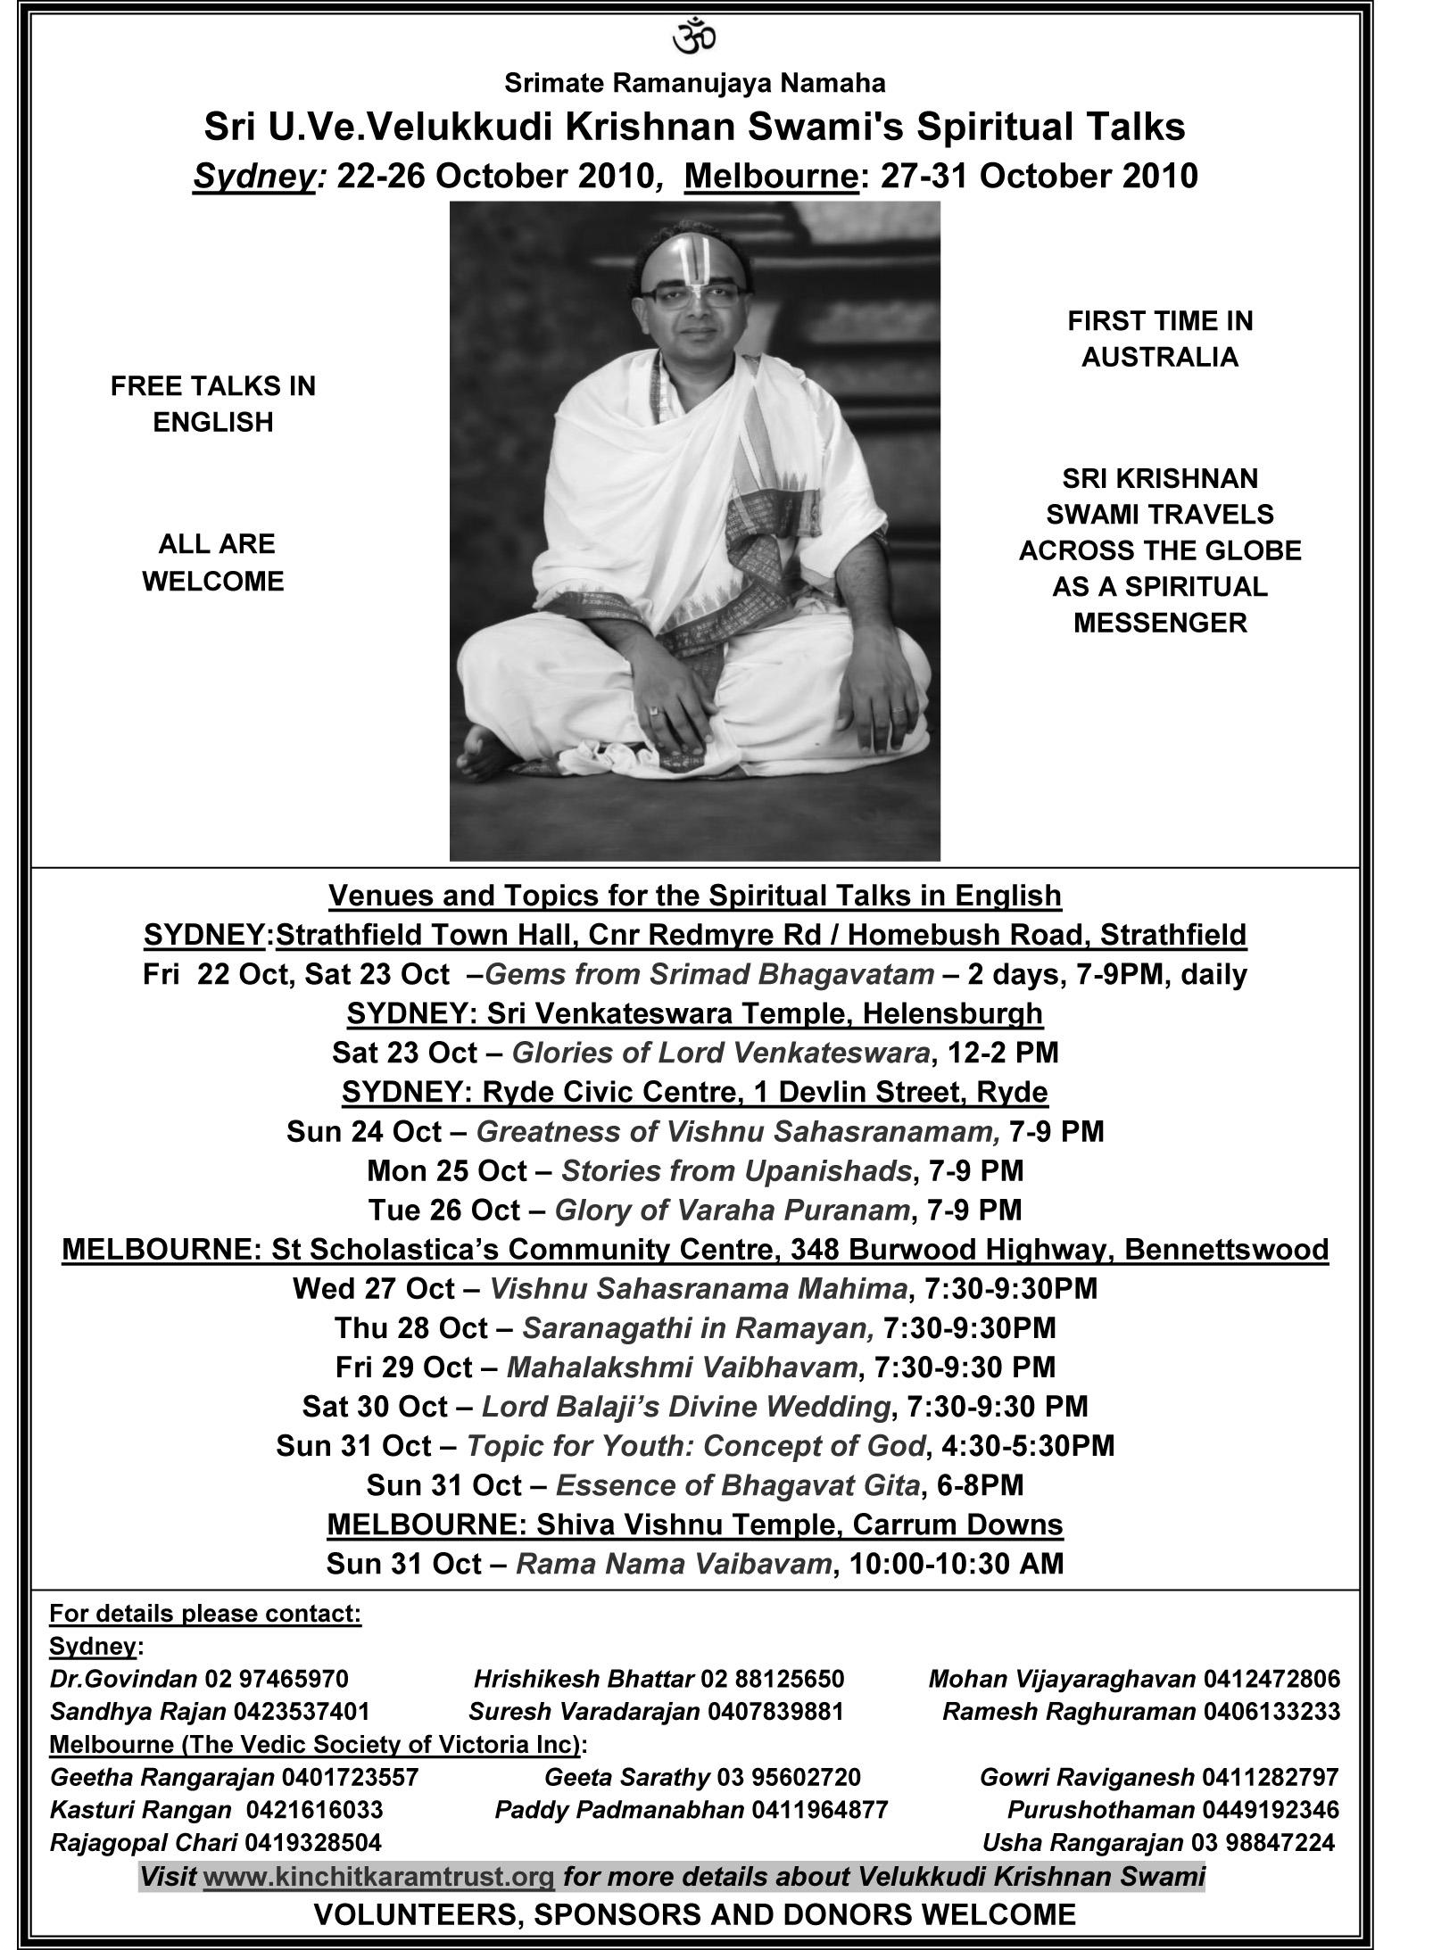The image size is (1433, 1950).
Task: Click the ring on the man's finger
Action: [x=656, y=711]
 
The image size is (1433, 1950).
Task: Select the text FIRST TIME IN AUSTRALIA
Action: [x=1159, y=339]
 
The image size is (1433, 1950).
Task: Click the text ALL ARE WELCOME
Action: [x=214, y=562]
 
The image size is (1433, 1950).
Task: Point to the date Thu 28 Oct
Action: [x=411, y=1327]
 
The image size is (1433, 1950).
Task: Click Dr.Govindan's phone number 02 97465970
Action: [x=277, y=1679]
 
